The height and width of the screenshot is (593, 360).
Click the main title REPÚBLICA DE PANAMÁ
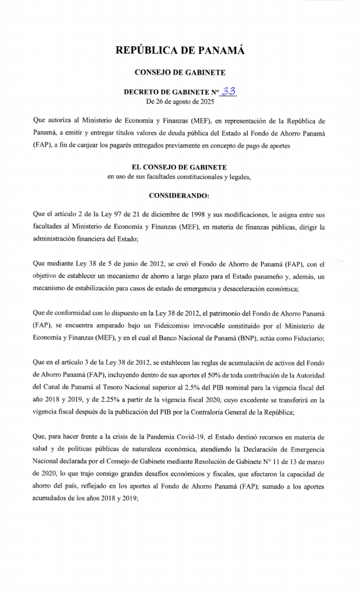[x=179, y=51]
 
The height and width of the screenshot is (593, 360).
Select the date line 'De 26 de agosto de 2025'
[x=179, y=101]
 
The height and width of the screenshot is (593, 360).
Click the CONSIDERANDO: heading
[x=179, y=196]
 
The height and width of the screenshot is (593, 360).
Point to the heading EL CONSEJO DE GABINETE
[x=179, y=167]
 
